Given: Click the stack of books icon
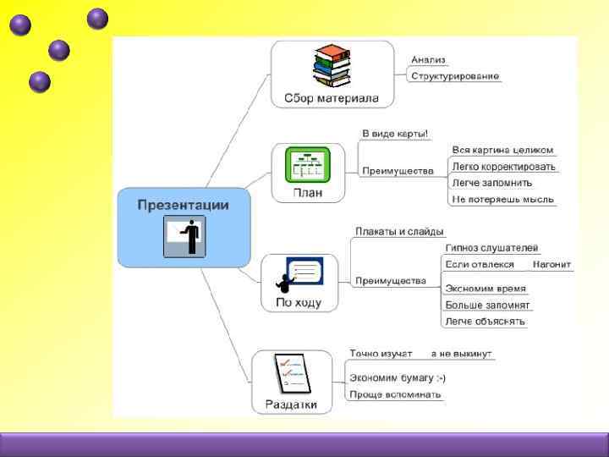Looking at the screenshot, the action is click(332, 67).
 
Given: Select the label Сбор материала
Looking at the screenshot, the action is click(332, 98).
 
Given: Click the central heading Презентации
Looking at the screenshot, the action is click(183, 204).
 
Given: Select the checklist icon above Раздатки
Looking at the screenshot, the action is click(292, 373).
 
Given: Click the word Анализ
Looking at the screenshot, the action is click(428, 60).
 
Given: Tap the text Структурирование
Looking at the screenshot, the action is click(454, 76).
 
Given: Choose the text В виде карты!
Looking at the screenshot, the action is click(395, 133).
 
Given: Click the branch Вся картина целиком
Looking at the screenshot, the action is click(502, 150).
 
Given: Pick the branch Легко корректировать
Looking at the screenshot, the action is click(503, 167).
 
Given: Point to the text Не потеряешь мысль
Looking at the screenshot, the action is click(502, 200).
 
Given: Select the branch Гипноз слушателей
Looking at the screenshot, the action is click(491, 248).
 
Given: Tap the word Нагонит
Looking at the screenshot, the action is click(551, 264).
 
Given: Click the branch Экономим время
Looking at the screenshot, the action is click(486, 288).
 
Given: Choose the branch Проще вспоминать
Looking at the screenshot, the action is click(395, 394).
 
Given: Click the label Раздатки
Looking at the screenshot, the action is click(291, 405).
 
